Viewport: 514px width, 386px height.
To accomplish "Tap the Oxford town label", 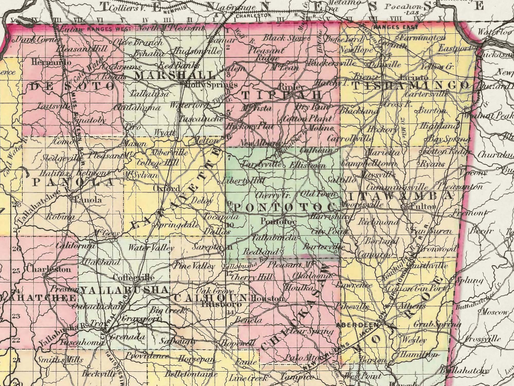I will pyautogui.click(x=167, y=189).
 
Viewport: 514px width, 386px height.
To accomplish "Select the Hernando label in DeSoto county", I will pyautogui.click(x=51, y=63).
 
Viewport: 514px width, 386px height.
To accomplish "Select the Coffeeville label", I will pyautogui.click(x=134, y=278).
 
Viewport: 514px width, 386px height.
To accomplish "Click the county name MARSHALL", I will pyautogui.click(x=175, y=76).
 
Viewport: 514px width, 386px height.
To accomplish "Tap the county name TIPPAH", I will pyautogui.click(x=282, y=95).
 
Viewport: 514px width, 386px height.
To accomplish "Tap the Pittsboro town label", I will pyautogui.click(x=222, y=305).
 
